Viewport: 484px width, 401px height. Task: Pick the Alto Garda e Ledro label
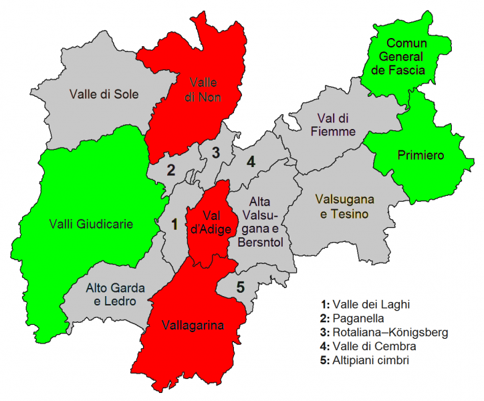pos(111,295)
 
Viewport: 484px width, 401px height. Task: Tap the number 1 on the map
pos(174,225)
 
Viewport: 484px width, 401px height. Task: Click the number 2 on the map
pos(170,170)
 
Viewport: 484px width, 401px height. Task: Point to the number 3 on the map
pos(215,152)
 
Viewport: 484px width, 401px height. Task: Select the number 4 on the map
pos(251,161)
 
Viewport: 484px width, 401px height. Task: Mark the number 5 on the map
pos(240,289)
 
